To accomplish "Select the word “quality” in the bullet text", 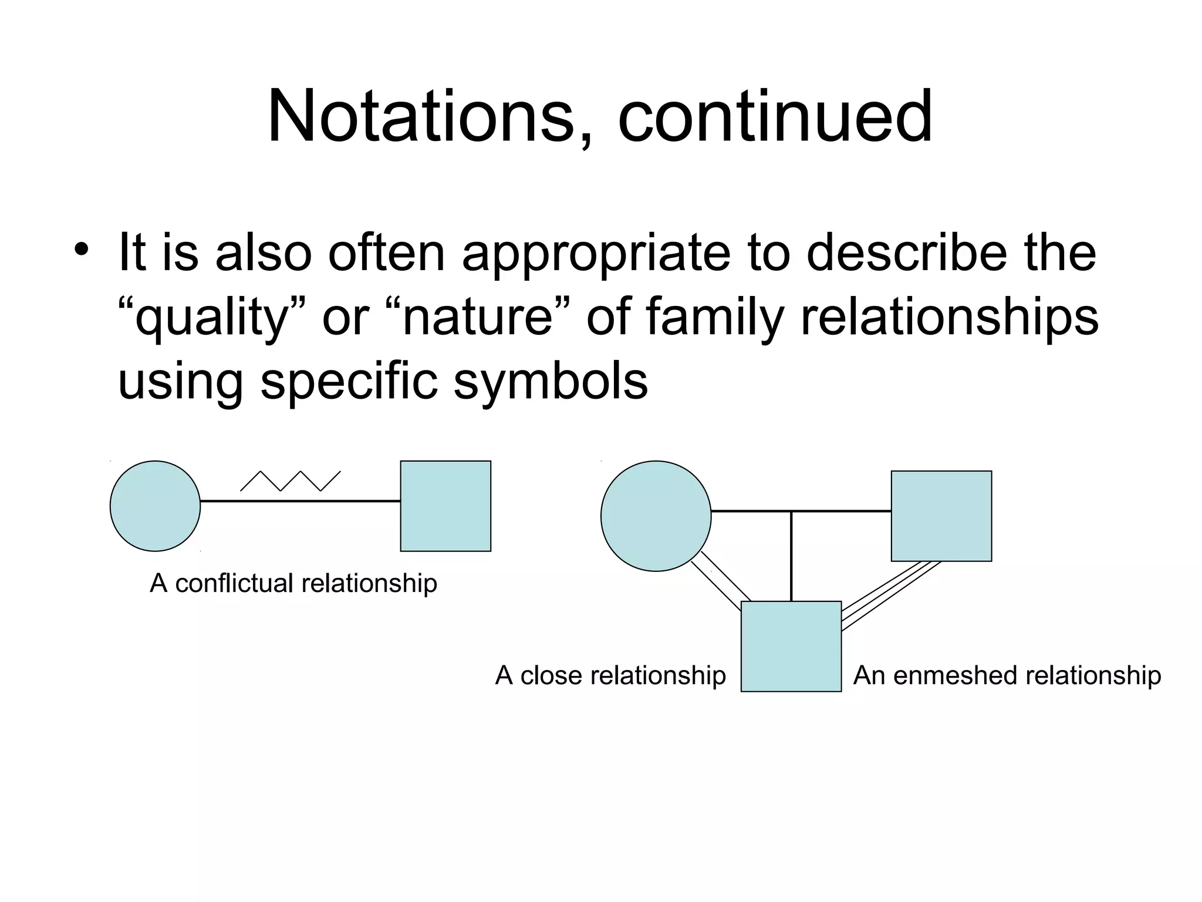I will coord(212,318).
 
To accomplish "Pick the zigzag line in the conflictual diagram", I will coord(290,481).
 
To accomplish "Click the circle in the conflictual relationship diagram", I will coord(156,506).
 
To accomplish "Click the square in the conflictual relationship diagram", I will coord(445,506).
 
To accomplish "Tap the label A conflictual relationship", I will coord(293,583).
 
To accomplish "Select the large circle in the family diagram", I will coord(656,516).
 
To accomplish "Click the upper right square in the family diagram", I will coord(941,516).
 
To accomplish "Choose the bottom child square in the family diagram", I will coord(791,646).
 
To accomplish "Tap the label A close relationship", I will coord(610,675).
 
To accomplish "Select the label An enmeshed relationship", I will coord(1007,675).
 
